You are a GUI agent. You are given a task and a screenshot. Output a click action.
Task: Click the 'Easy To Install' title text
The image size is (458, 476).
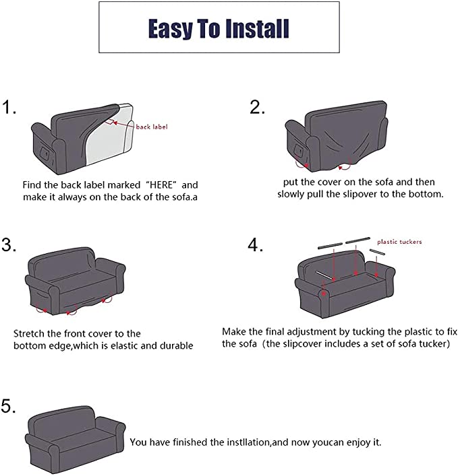tap(219, 28)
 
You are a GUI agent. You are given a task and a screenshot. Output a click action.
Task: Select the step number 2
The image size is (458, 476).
tap(257, 108)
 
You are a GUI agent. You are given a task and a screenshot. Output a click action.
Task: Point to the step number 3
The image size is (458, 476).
tap(9, 245)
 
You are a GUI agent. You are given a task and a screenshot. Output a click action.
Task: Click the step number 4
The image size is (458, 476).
tap(255, 244)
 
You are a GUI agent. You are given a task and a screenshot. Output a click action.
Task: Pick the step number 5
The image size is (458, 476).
tap(9, 406)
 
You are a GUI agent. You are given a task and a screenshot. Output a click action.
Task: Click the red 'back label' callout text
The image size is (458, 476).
tap(152, 127)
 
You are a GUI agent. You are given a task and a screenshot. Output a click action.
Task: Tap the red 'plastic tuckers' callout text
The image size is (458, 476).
tap(399, 242)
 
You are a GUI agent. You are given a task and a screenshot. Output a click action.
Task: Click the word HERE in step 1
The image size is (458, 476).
tap(161, 184)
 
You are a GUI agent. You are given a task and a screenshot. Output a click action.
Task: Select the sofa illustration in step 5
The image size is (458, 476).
tap(75, 439)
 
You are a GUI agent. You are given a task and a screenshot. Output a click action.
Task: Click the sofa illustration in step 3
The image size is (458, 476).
tap(75, 281)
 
